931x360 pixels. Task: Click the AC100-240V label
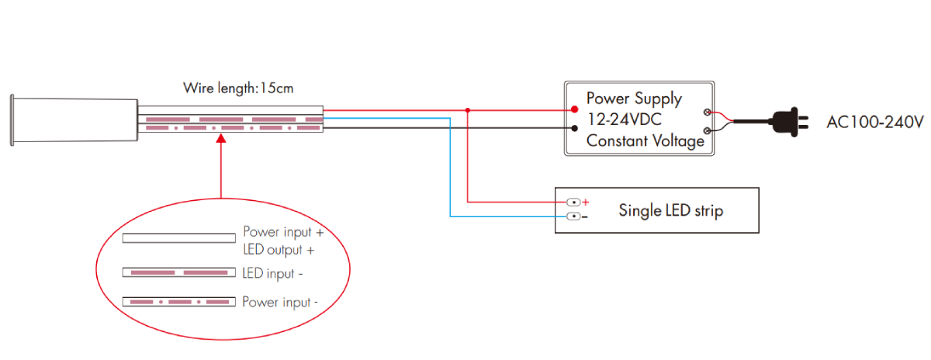875,123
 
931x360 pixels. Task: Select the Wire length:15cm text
238,88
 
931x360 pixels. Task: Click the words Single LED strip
670,210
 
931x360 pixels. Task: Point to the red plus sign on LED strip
586,202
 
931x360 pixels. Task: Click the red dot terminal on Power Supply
575,109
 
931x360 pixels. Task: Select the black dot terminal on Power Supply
575,128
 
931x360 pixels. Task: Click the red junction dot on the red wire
468,109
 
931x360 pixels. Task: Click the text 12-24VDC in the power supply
624,119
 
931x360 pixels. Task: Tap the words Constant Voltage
645,141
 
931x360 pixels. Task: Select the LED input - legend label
268,273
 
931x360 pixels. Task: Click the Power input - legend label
279,302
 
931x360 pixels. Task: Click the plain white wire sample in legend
178,237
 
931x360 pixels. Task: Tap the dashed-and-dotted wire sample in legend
178,301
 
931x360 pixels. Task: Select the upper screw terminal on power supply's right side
708,113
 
